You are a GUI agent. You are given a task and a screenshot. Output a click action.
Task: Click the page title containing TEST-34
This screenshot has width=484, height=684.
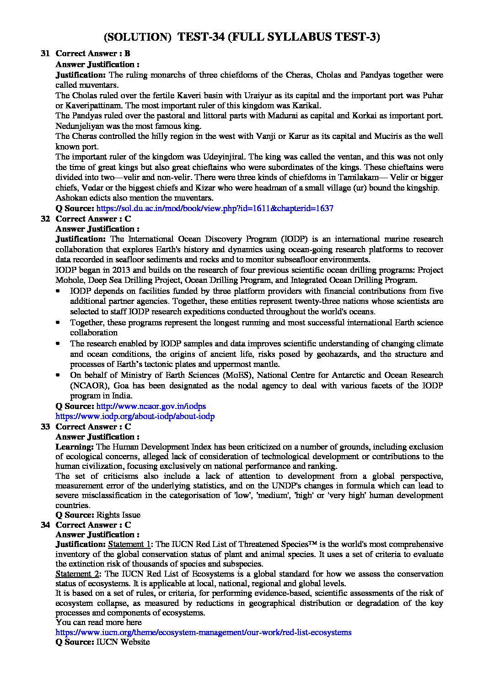(x=242, y=37)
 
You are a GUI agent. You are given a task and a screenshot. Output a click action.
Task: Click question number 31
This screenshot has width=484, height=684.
(x=45, y=54)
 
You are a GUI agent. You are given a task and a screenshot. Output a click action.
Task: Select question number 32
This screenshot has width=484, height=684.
(x=45, y=219)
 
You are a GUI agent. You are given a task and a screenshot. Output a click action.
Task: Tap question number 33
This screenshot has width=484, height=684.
(x=45, y=427)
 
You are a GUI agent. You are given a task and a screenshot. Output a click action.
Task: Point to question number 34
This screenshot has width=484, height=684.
(x=45, y=525)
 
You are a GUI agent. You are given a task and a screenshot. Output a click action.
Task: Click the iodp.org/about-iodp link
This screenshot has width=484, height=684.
(x=135, y=416)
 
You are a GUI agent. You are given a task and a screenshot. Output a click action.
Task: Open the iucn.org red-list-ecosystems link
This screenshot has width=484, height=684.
(x=204, y=632)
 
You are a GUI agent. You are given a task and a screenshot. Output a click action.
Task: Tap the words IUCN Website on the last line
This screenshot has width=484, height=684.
(x=123, y=642)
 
